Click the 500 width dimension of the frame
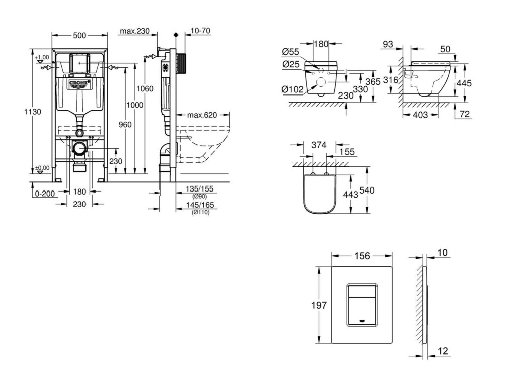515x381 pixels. coord(79,35)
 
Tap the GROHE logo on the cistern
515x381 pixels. coord(79,83)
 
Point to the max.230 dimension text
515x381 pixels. coord(135,31)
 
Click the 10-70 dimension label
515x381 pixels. coord(201,31)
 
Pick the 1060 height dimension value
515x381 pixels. coord(145,89)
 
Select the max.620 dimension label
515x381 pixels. coord(202,115)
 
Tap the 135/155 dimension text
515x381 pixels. coord(200,189)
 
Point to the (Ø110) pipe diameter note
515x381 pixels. coord(201,212)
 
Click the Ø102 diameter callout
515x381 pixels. coord(292,89)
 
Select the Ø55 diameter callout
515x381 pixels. coord(291,51)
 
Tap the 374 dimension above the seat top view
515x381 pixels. coord(319,145)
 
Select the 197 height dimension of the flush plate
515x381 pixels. coord(319,305)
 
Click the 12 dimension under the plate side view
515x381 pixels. coord(443,350)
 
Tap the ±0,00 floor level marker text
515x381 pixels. coord(42,168)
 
